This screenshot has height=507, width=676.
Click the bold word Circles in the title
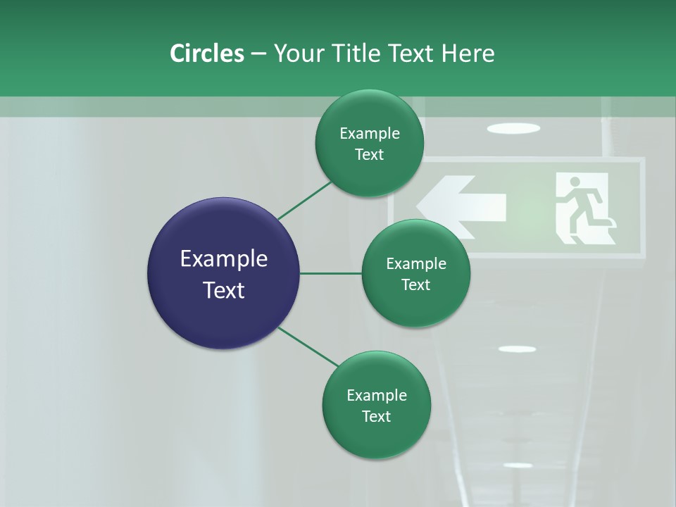point(206,54)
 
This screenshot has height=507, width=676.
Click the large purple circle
point(224,273)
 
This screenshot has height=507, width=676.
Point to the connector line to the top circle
point(304,200)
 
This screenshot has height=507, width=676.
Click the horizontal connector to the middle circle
point(331,273)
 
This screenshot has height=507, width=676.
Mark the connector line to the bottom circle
point(308,346)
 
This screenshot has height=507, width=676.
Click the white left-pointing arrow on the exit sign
point(461,206)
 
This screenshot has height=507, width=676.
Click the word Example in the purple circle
point(224,259)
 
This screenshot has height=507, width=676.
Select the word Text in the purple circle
point(224,290)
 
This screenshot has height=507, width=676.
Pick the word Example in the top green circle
point(369,133)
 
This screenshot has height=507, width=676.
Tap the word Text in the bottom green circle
point(376,416)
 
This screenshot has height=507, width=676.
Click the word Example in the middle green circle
point(415,263)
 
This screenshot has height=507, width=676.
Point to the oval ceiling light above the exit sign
point(513,128)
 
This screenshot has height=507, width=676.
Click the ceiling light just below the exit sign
point(517,349)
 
